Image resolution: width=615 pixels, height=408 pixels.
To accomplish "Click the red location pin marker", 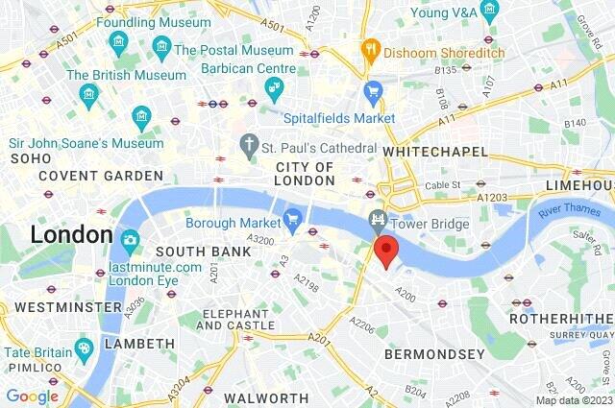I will click(x=385, y=252).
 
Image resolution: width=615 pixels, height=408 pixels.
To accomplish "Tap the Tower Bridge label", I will click(x=430, y=224).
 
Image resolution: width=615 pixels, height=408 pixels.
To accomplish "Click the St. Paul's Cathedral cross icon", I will click(x=250, y=147).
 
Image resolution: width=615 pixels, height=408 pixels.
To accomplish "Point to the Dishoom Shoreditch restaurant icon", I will click(x=370, y=49).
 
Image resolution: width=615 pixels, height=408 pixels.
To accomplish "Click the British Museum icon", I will click(x=89, y=93).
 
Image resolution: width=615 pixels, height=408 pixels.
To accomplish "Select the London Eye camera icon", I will click(x=130, y=240).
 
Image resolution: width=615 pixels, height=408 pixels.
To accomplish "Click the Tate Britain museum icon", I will click(x=85, y=347).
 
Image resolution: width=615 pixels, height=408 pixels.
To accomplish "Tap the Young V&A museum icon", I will click(x=490, y=12).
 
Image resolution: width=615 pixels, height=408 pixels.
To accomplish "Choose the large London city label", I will click(x=71, y=233).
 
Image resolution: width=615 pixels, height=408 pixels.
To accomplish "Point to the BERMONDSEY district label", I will click(x=434, y=354).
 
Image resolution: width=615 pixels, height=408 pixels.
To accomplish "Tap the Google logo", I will click(x=32, y=396).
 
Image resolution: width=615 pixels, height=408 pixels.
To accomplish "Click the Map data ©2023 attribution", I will click(x=573, y=400).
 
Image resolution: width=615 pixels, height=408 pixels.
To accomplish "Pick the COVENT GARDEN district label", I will click(x=101, y=176).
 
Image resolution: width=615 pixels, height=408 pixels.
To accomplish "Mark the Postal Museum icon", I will click(x=161, y=49).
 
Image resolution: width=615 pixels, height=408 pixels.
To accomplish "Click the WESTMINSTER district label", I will click(x=61, y=307).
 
